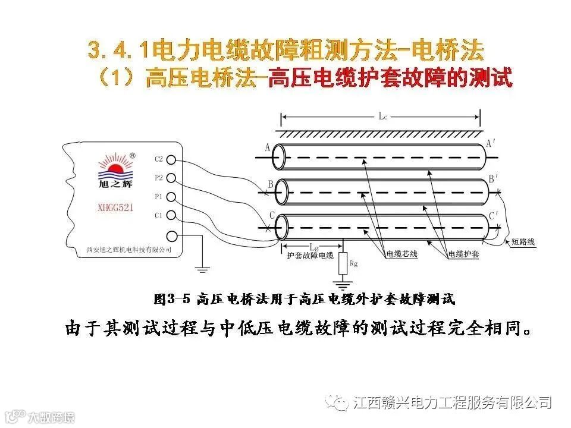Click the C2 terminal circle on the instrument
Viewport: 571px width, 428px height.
tap(171, 159)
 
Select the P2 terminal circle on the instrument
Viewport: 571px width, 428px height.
tap(171, 178)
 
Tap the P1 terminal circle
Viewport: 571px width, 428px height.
tap(171, 196)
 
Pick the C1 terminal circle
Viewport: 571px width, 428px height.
tap(171, 215)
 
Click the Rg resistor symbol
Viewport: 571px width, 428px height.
tap(343, 262)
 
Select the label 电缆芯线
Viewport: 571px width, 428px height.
tap(403, 254)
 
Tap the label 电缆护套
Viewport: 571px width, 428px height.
tap(464, 254)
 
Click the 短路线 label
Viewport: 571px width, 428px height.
tap(523, 242)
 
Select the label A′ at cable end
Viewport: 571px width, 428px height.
tap(492, 143)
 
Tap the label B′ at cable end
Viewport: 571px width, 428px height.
tap(494, 178)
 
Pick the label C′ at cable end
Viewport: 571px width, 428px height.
tap(494, 215)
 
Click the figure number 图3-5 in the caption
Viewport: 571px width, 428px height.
tap(171, 299)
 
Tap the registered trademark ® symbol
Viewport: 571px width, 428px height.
tap(132, 155)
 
